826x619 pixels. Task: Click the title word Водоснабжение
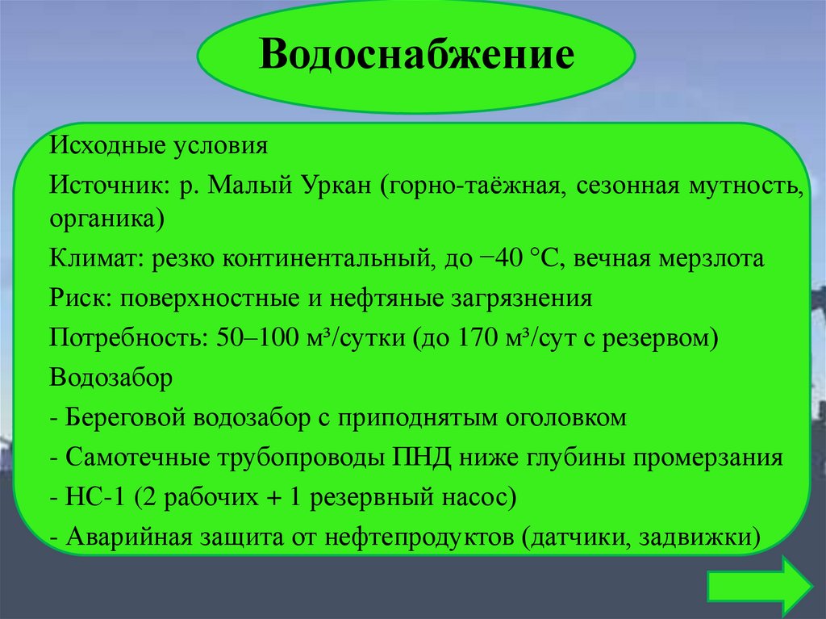(416, 56)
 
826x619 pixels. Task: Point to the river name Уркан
(333, 186)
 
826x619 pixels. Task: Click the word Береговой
(122, 418)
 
